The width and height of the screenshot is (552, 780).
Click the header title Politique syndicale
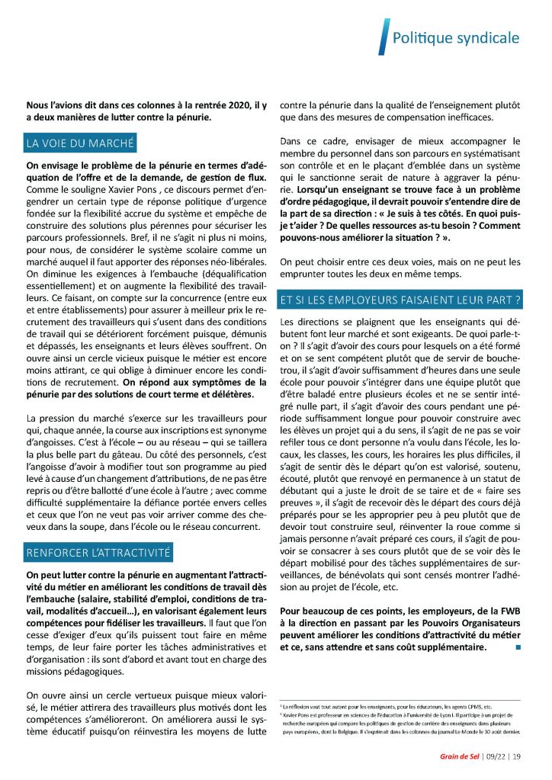[x=455, y=37]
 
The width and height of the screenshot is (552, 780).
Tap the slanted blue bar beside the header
[x=383, y=37]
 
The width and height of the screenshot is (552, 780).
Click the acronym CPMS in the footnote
[x=476, y=708]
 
